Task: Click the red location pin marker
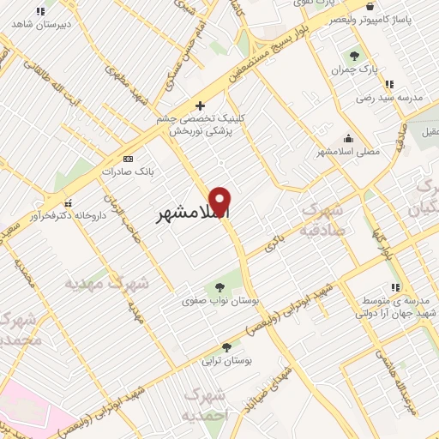(221, 201)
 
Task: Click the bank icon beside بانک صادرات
(129, 159)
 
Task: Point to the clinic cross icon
(200, 106)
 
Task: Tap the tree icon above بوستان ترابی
(226, 347)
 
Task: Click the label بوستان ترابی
(226, 362)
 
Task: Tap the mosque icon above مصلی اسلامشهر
(348, 138)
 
